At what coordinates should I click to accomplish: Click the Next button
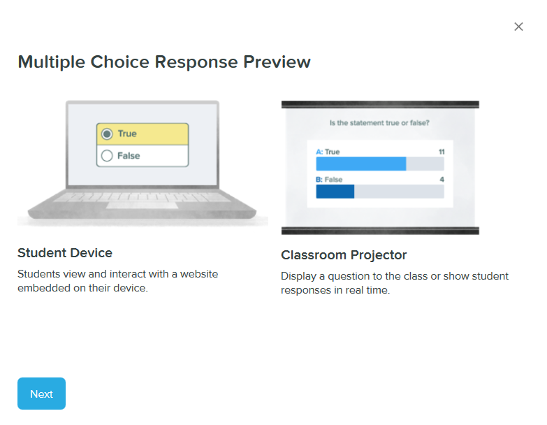[x=41, y=394]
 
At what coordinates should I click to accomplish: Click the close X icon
[x=518, y=27]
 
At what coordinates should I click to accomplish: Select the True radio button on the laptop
[x=107, y=134]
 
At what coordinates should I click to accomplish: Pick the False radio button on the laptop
[x=107, y=156]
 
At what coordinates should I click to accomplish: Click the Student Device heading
[x=65, y=252]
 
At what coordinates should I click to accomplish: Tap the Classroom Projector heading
[x=344, y=254]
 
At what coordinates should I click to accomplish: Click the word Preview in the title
[x=277, y=62]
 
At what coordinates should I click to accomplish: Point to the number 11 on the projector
[x=441, y=152]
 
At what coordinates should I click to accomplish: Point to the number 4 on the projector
[x=442, y=180]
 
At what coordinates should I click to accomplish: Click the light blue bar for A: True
[x=360, y=164]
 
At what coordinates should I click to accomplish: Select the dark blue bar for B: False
[x=335, y=192]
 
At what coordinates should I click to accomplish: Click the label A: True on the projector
[x=328, y=152]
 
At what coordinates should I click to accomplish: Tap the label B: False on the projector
[x=329, y=180]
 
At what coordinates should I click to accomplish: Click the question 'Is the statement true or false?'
[x=379, y=123]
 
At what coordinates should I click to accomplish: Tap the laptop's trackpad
[x=142, y=206]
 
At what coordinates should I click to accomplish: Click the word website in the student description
[x=199, y=274]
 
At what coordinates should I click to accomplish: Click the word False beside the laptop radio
[x=129, y=156]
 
